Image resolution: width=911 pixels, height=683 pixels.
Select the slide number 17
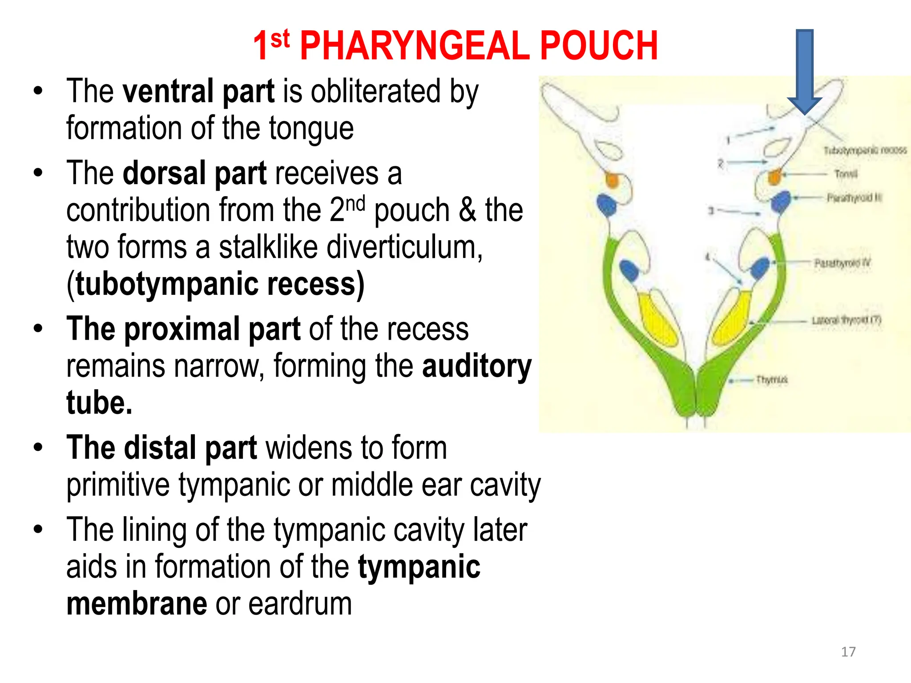click(x=848, y=652)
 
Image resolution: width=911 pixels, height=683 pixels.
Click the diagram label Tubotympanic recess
click(x=865, y=150)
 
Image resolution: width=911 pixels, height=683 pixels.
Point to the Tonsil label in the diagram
click(x=846, y=173)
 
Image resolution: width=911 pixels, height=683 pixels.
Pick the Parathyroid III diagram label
click(x=854, y=197)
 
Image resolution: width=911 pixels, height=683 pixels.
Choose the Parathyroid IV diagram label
click(x=842, y=263)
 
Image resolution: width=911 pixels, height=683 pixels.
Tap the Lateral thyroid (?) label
click(x=846, y=320)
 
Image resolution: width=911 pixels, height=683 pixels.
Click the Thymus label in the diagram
click(x=772, y=380)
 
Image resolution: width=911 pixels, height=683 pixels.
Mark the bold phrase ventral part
click(x=198, y=92)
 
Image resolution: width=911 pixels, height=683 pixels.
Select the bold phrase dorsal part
click(x=194, y=173)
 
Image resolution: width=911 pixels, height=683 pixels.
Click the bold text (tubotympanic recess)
click(x=215, y=285)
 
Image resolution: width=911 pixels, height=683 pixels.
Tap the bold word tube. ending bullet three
click(x=99, y=403)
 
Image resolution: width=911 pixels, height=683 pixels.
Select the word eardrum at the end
click(x=300, y=604)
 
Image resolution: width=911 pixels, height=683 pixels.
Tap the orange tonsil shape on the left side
click(x=612, y=181)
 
